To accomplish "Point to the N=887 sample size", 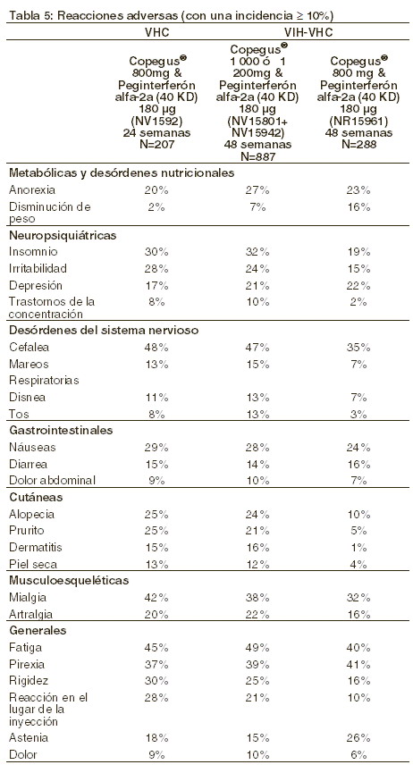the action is pyautogui.click(x=257, y=155).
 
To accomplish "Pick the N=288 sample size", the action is pyautogui.click(x=358, y=144).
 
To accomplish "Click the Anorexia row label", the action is pyautogui.click(x=32, y=190).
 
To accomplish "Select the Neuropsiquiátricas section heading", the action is pyautogui.click(x=63, y=235).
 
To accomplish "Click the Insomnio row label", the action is pyautogui.click(x=33, y=252).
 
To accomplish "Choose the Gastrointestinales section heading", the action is pyautogui.click(x=61, y=431).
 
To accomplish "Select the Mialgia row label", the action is pyautogui.click(x=28, y=598).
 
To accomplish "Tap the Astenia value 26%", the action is pyautogui.click(x=358, y=738).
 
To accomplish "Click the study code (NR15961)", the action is pyautogui.click(x=358, y=122).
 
